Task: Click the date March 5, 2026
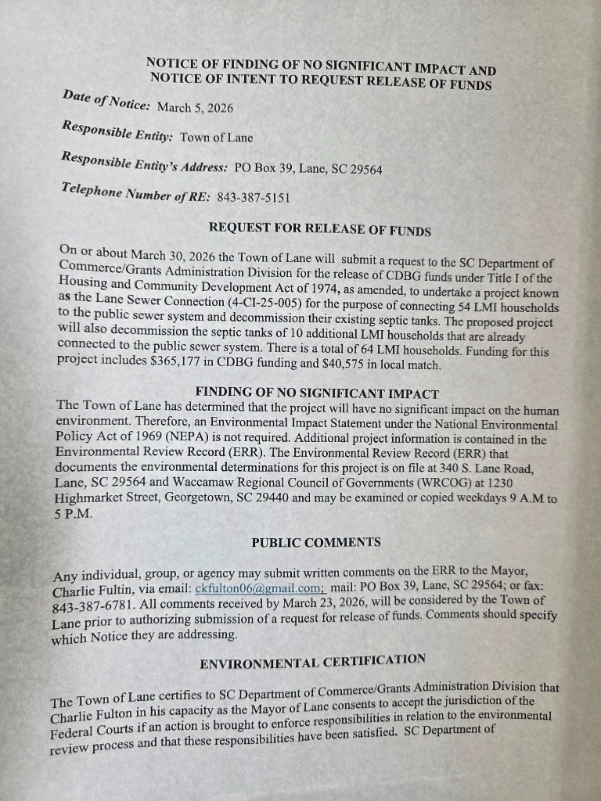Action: pos(195,107)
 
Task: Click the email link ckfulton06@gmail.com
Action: pos(259,587)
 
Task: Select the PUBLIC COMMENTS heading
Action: pos(316,542)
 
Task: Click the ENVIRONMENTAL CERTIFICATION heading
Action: pos(312,662)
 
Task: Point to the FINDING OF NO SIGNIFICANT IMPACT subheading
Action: pos(316,393)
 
